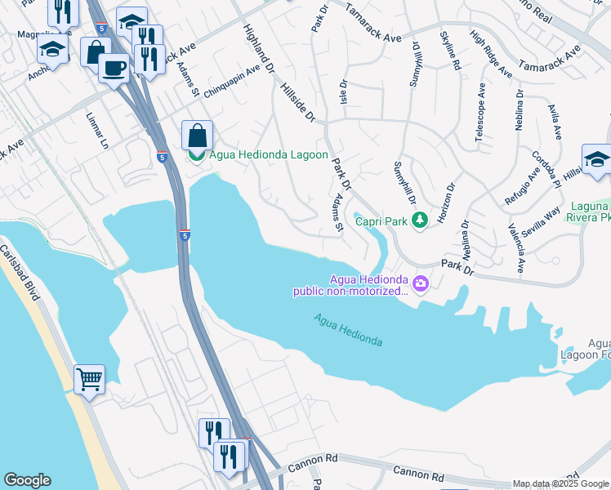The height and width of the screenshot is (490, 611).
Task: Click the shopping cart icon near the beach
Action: tap(89, 378)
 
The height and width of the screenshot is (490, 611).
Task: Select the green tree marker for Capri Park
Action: tap(419, 220)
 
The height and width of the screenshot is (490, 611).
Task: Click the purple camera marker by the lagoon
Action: tap(421, 284)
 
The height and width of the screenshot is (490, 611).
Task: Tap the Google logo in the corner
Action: tap(26, 480)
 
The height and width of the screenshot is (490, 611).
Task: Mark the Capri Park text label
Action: tap(381, 220)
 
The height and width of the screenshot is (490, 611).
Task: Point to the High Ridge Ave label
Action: tap(490, 55)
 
